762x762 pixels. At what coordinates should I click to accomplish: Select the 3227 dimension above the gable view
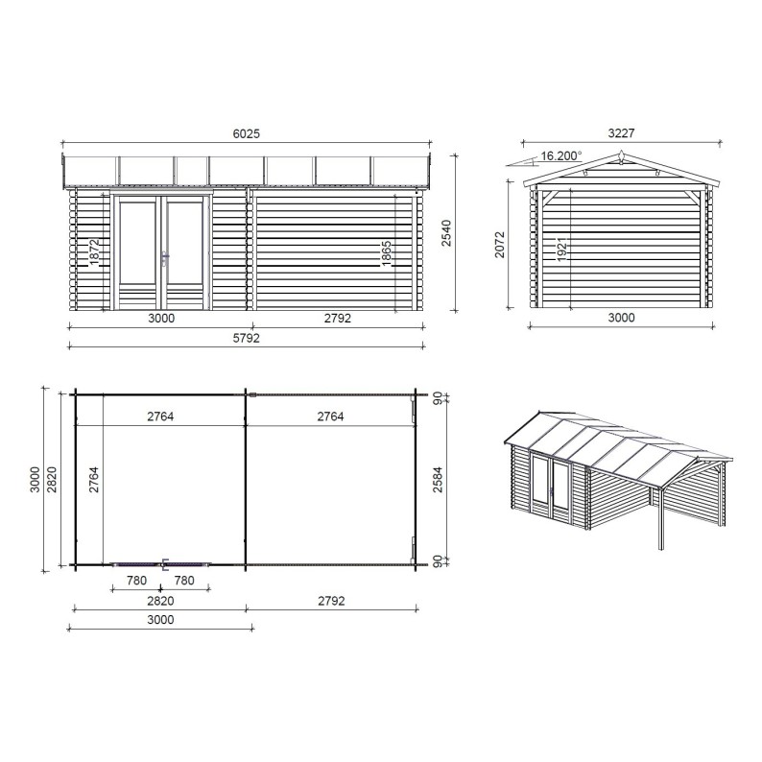621,133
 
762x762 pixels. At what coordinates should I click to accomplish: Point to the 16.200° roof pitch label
560,155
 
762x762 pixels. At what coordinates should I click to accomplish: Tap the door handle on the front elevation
165,257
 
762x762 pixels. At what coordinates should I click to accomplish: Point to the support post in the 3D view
660,517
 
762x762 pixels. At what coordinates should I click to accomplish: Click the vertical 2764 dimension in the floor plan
95,477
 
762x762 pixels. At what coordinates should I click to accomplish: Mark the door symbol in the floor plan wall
160,564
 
